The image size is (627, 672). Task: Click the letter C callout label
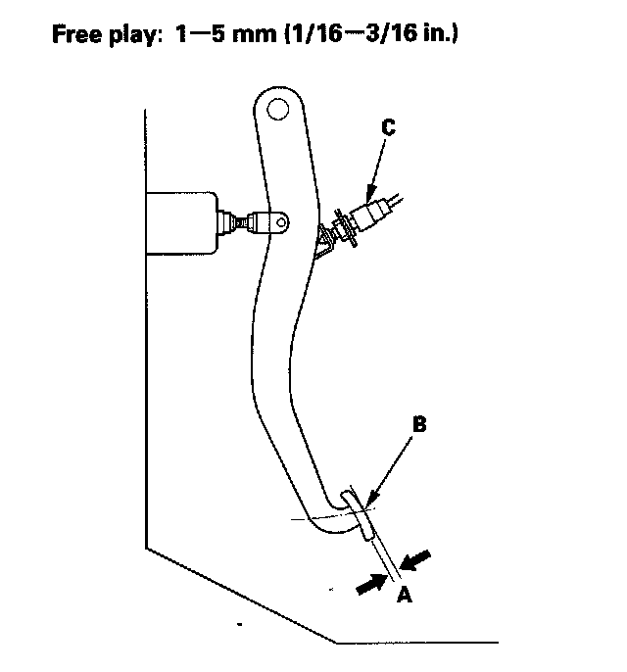coord(388,126)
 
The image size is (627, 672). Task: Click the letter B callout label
coord(418,425)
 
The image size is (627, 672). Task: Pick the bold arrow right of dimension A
coord(417,559)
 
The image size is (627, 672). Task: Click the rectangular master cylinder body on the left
coord(186,224)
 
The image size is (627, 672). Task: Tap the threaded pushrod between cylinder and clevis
coord(236,223)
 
